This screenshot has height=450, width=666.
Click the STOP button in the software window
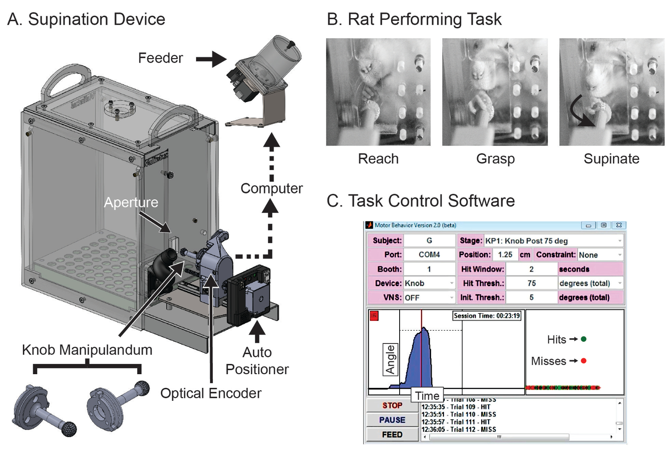tap(392, 406)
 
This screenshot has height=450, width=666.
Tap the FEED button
tap(392, 434)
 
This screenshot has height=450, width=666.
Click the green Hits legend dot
tap(583, 339)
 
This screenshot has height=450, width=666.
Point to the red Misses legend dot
tap(583, 361)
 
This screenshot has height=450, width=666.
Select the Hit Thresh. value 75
tap(531, 283)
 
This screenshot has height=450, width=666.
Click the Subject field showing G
tap(429, 241)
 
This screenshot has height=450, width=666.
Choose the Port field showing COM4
tap(429, 255)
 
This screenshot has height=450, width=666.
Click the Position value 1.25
tap(505, 255)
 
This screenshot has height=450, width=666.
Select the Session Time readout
tap(487, 316)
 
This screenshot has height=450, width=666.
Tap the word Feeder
tap(160, 58)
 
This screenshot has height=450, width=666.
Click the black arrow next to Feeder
tap(211, 59)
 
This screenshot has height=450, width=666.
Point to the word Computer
tap(271, 189)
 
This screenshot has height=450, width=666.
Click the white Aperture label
tap(131, 202)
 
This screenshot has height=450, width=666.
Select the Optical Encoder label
tap(210, 393)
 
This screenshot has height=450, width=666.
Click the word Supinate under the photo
tap(611, 159)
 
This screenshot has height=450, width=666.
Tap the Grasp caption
tap(495, 159)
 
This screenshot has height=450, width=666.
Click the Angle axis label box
tap(390, 359)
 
